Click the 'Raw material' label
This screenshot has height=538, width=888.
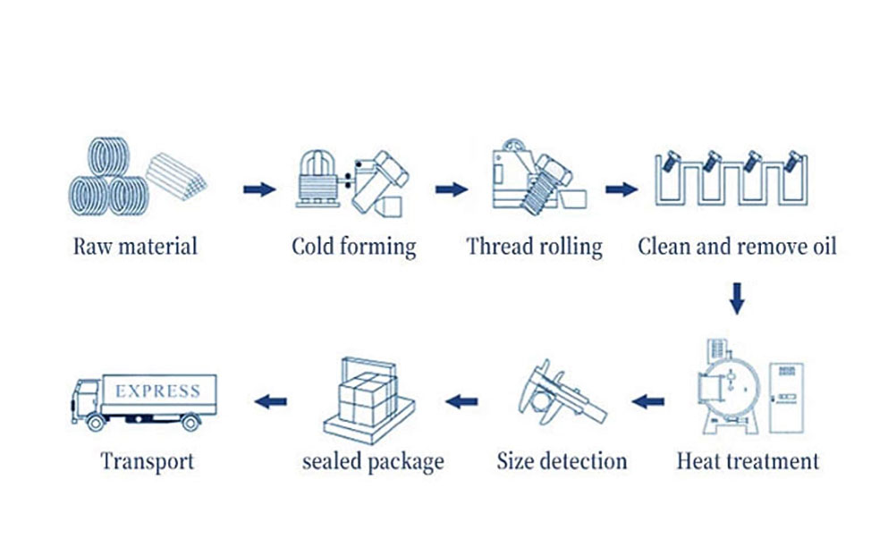pyautogui.click(x=135, y=246)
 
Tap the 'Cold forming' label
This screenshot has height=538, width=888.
pyautogui.click(x=353, y=247)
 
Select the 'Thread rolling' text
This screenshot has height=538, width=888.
pyautogui.click(x=534, y=246)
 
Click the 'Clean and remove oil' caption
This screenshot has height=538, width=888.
pyautogui.click(x=737, y=246)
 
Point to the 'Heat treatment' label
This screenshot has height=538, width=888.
pyautogui.click(x=748, y=461)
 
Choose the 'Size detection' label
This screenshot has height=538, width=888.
pyautogui.click(x=562, y=461)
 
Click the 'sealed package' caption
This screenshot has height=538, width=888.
pyautogui.click(x=373, y=461)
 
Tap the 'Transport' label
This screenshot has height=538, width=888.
pyautogui.click(x=148, y=461)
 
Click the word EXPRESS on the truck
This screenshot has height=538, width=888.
pyautogui.click(x=158, y=391)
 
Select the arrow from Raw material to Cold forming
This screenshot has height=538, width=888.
pyautogui.click(x=259, y=189)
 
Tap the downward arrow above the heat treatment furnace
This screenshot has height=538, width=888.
pyautogui.click(x=737, y=298)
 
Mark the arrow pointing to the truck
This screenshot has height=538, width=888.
pyautogui.click(x=270, y=401)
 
